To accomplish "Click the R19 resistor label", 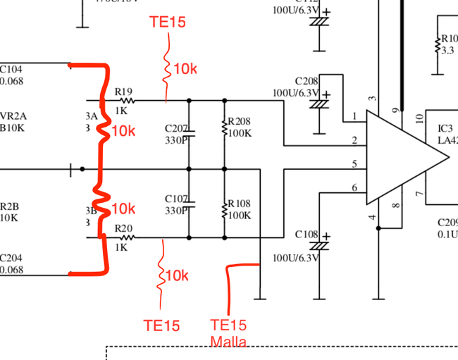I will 123,92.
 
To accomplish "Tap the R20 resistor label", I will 123,228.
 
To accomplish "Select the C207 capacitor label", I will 175,128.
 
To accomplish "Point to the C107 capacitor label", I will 175,199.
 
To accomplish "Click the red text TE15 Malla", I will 229,333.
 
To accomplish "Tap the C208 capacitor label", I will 307,81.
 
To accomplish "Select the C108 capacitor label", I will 307,234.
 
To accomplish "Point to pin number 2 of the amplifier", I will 355,142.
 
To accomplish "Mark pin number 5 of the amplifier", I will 355,164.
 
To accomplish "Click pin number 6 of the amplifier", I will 355,187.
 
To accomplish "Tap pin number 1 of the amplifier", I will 355,116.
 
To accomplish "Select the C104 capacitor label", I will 11,70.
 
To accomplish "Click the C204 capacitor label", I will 11,258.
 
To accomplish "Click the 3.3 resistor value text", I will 447,51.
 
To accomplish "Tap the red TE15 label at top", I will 168,23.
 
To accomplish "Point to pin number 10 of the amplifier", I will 419,118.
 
